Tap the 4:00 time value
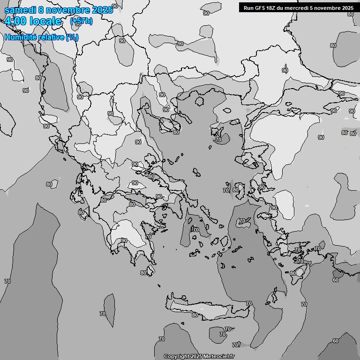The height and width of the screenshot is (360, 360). click(16, 21)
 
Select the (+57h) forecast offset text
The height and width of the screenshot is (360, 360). click(81, 21)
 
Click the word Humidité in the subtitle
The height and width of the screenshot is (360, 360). click(20, 37)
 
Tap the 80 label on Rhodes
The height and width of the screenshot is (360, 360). click(293, 273)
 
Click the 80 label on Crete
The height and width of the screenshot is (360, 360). click(195, 315)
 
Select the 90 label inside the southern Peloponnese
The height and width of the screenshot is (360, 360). click(124, 240)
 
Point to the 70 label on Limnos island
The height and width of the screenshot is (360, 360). click(218, 140)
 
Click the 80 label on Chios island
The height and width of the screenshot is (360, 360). click(236, 190)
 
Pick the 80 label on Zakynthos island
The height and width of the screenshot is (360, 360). click(81, 212)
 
